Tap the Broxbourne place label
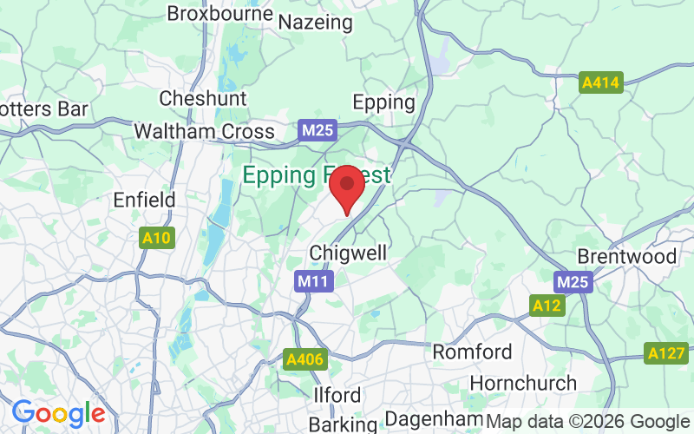pos(219,14)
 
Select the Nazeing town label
pos(315,21)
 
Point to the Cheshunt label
pos(203,98)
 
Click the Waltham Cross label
pos(204,132)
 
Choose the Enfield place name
pos(145,200)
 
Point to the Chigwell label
pos(348,253)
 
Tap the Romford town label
pos(473,352)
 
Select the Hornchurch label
pos(523,383)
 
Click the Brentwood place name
pos(626,257)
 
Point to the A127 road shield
pos(666,353)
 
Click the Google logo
pos(58,412)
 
